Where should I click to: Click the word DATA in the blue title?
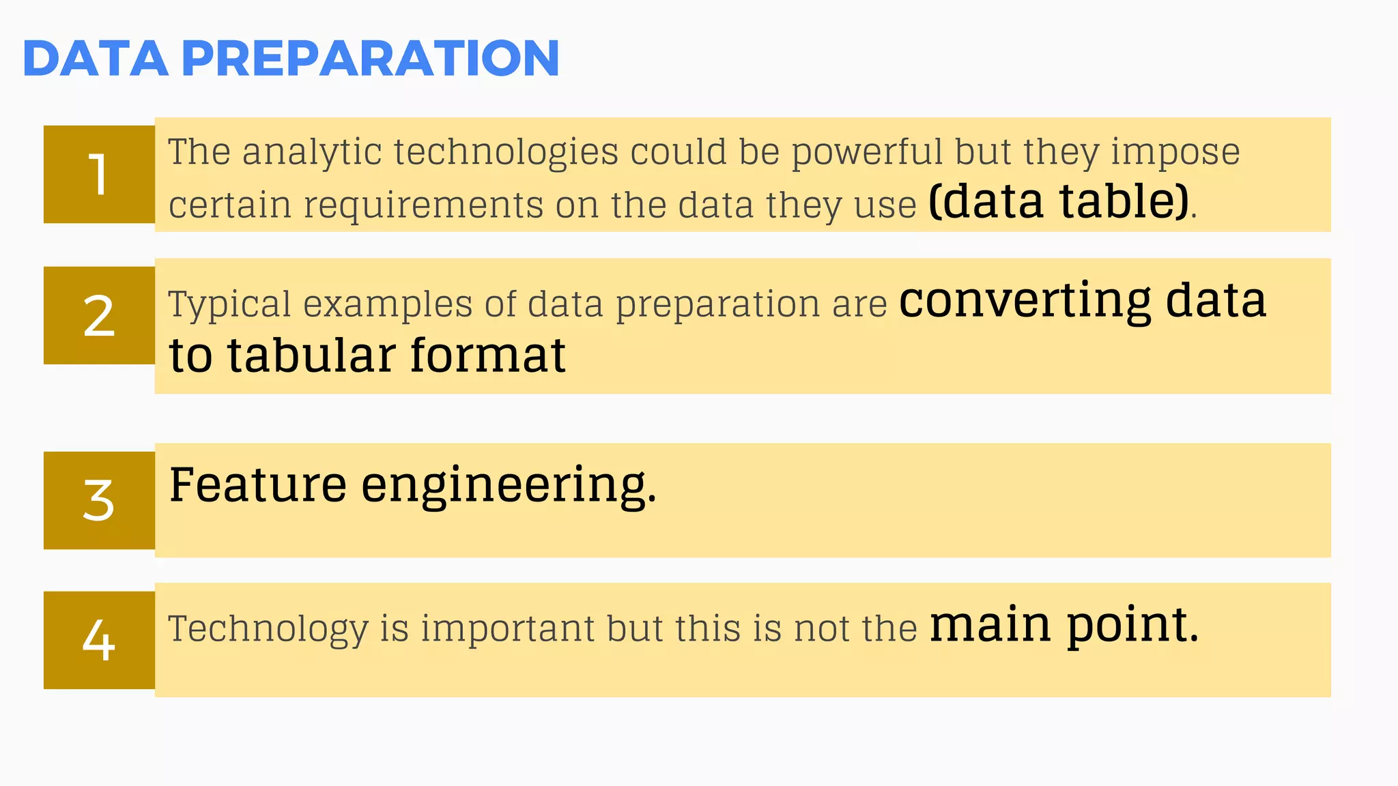(x=96, y=59)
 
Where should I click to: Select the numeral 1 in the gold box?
(x=99, y=175)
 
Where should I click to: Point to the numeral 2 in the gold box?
(x=99, y=316)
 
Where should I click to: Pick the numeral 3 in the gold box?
(x=99, y=500)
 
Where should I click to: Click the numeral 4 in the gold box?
(x=99, y=640)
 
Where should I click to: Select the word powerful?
(x=867, y=151)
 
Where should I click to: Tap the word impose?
(x=1175, y=153)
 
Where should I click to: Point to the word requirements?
(x=423, y=205)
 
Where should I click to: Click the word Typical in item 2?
(x=229, y=304)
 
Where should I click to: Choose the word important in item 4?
(x=507, y=628)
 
